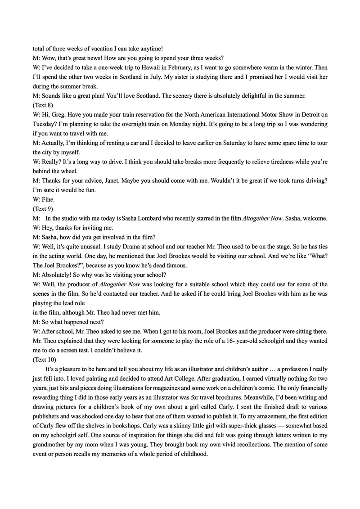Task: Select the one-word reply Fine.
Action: (47, 199)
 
